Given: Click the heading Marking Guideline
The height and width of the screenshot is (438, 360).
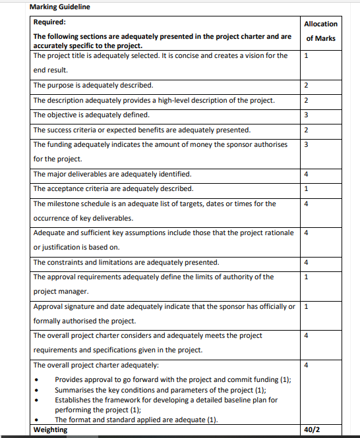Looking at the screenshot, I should click(x=60, y=7).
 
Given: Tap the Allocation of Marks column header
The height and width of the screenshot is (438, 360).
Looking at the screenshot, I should click(x=321, y=31).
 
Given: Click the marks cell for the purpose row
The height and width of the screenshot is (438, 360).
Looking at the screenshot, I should click(x=307, y=86).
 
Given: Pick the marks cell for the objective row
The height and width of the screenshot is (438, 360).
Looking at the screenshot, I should click(x=307, y=115).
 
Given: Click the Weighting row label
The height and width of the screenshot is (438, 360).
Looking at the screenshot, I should click(x=50, y=430).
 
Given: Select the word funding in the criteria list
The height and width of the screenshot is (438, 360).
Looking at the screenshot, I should click(x=61, y=144).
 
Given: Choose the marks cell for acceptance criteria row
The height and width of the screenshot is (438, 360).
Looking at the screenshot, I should click(x=307, y=189).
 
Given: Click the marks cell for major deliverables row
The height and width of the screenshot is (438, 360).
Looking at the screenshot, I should click(x=307, y=175).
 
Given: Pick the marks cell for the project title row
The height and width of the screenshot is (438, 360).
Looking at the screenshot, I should click(x=307, y=56).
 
